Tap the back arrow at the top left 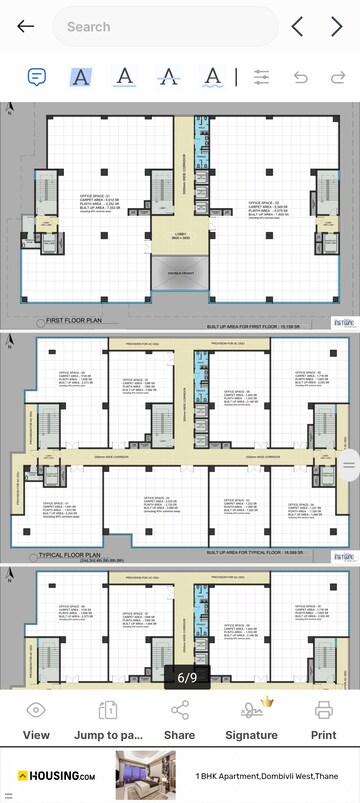click(25, 27)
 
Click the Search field click(164, 27)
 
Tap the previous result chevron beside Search click(297, 27)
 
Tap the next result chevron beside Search click(337, 27)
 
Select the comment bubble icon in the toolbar click(37, 77)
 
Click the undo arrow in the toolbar click(300, 77)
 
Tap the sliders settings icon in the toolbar click(262, 77)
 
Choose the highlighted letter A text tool click(81, 77)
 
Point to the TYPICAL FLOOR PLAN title click(70, 554)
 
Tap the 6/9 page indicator click(187, 677)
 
